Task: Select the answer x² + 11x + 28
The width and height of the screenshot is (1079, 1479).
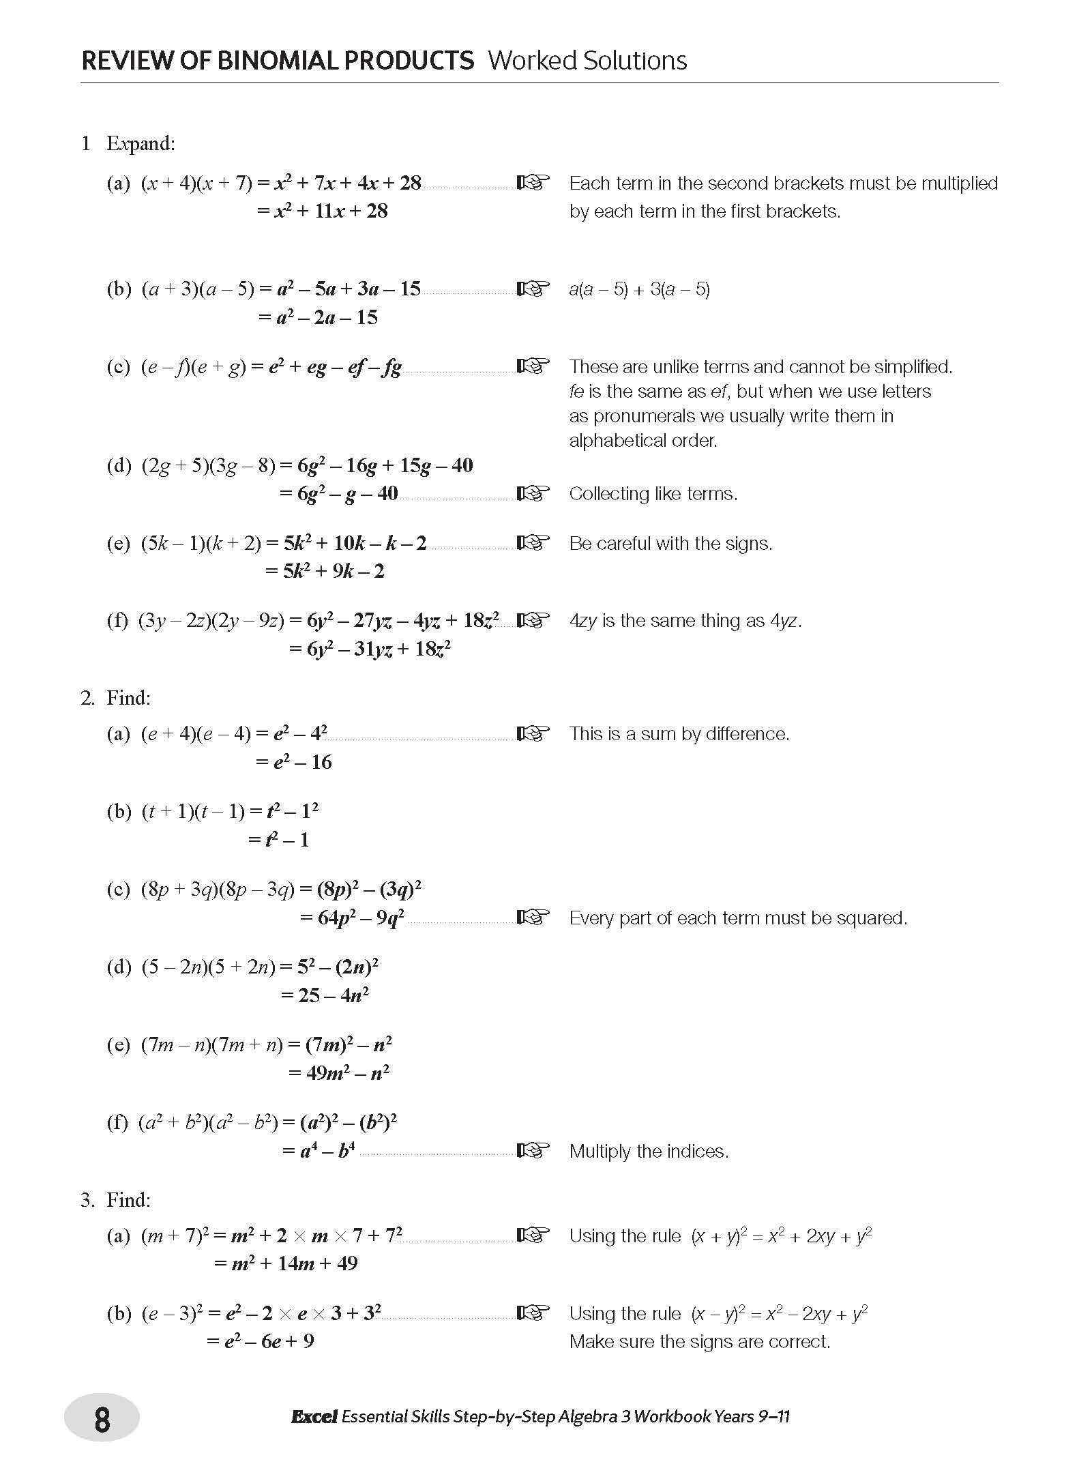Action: pyautogui.click(x=330, y=211)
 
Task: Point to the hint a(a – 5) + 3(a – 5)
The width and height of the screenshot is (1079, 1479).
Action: pyautogui.click(x=639, y=289)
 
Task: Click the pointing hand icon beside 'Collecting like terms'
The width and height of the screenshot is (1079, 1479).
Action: pyautogui.click(x=533, y=493)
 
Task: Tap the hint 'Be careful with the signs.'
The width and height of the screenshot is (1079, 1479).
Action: pyautogui.click(x=670, y=544)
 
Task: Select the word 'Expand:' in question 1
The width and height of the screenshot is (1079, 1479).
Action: pyautogui.click(x=141, y=143)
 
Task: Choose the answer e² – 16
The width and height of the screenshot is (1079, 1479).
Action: pyautogui.click(x=302, y=762)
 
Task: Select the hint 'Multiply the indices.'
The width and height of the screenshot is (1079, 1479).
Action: pyautogui.click(x=649, y=1152)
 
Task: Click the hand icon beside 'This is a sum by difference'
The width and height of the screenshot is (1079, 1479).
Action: pyautogui.click(x=533, y=733)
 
